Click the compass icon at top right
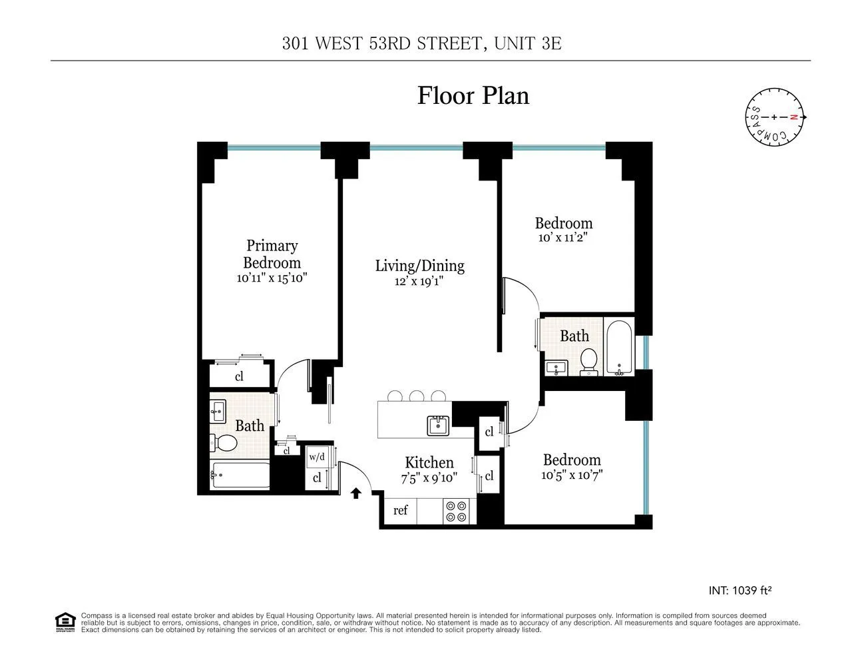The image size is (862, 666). (x=773, y=117)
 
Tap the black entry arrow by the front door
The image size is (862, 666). (x=356, y=493)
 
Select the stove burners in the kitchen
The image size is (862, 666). (x=457, y=511)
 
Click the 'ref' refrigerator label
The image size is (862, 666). (x=400, y=511)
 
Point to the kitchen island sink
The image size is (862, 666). (x=439, y=424)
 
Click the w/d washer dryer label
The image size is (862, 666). (x=317, y=457)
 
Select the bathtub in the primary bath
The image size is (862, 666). (x=240, y=476)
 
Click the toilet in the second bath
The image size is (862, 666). (x=588, y=360)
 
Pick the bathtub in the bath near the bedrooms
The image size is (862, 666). (x=620, y=346)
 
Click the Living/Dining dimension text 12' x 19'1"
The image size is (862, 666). (x=419, y=281)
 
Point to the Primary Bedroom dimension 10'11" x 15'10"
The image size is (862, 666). (x=272, y=278)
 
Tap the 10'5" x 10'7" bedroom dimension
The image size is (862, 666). (x=572, y=476)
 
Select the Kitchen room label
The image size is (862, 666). (x=429, y=462)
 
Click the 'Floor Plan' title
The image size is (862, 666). (x=473, y=95)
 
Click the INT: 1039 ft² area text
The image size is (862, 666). (x=740, y=590)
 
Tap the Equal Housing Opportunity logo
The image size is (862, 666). (x=65, y=622)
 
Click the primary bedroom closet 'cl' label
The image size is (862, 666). (x=239, y=376)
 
